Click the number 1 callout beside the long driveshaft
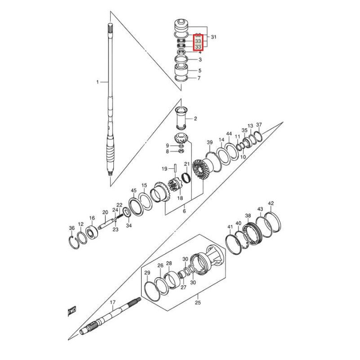pyautogui.click(x=97, y=82)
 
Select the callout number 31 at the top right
pyautogui.click(x=213, y=37)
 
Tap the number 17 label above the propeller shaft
pyautogui.click(x=112, y=302)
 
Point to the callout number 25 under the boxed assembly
pyautogui.click(x=198, y=302)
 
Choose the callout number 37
pyautogui.click(x=259, y=125)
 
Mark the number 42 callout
pyautogui.click(x=270, y=203)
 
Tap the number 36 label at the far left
pyautogui.click(x=72, y=229)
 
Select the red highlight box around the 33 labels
pyautogui.click(x=198, y=43)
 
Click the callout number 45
pyautogui.click(x=134, y=191)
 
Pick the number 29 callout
pyautogui.click(x=147, y=273)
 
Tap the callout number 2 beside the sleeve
pyautogui.click(x=195, y=119)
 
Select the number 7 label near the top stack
pyautogui.click(x=199, y=78)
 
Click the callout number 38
pyautogui.click(x=248, y=216)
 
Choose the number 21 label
pyautogui.click(x=186, y=164)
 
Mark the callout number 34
pyautogui.click(x=129, y=225)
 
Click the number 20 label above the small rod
pyautogui.click(x=105, y=212)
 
